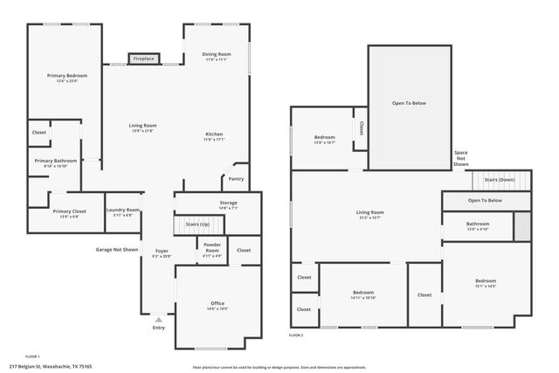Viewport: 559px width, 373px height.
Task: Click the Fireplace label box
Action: [x=143, y=59]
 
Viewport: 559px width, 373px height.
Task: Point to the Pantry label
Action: [x=236, y=178]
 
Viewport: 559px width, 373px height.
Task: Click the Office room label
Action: [x=217, y=303]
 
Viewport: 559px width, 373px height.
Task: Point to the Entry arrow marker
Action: [x=159, y=320]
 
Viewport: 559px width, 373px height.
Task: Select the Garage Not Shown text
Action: [x=117, y=249]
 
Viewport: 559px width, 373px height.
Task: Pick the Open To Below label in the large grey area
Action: [x=409, y=103]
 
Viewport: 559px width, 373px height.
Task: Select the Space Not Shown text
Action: [x=460, y=158]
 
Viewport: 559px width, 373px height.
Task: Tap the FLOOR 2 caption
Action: [x=296, y=335]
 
